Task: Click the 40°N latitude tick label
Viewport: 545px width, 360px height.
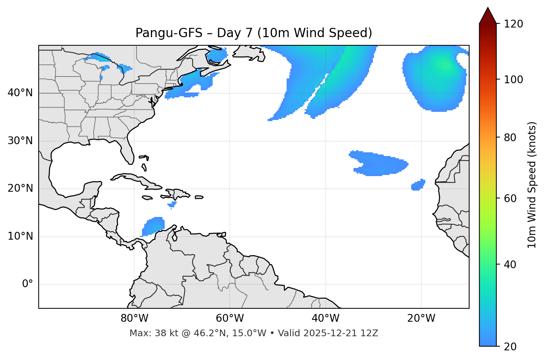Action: point(20,93)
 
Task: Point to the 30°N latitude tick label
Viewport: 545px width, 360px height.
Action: point(20,141)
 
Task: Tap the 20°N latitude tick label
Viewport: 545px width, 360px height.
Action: point(20,188)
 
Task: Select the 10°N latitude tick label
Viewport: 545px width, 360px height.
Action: point(20,236)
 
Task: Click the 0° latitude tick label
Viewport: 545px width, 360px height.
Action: point(27,284)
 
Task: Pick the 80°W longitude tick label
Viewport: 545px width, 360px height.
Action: point(134,318)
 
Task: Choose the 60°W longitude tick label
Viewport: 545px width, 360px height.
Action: point(230,318)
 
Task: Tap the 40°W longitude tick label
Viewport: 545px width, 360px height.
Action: point(325,318)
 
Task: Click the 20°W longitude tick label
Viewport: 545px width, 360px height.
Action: point(421,318)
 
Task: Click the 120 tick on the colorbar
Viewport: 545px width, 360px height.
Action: point(514,24)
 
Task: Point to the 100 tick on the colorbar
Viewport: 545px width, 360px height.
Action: point(514,80)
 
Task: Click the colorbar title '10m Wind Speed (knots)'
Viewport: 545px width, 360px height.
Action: point(532,185)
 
